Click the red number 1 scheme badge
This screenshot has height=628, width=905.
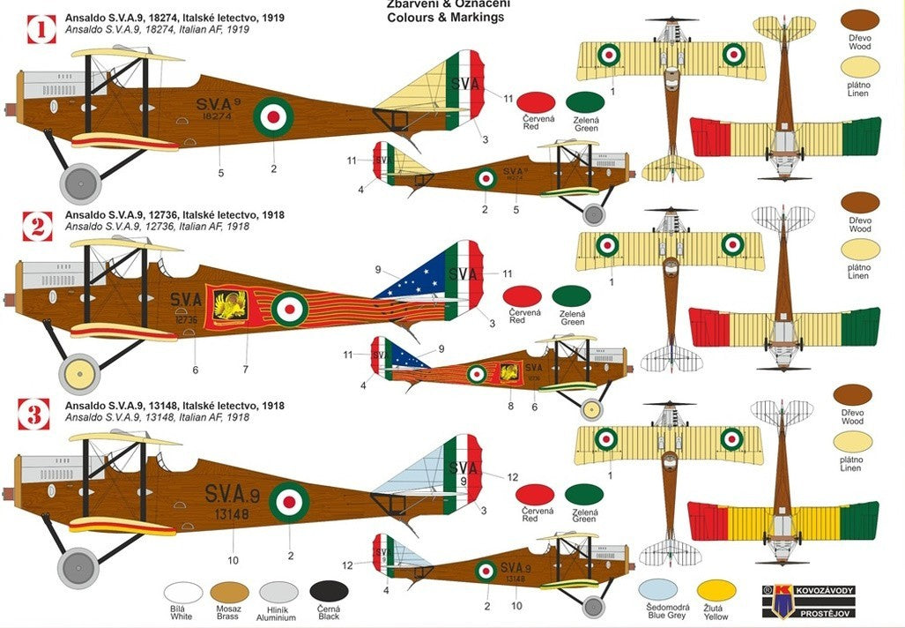[x=39, y=28]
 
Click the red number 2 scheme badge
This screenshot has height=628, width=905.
[x=37, y=226]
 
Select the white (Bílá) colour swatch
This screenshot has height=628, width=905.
[x=183, y=593]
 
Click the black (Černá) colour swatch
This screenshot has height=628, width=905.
[x=329, y=592]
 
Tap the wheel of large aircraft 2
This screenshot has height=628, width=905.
[x=79, y=373]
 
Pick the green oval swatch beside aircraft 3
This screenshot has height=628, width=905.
[x=583, y=496]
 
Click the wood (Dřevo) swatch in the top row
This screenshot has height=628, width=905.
[x=861, y=22]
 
